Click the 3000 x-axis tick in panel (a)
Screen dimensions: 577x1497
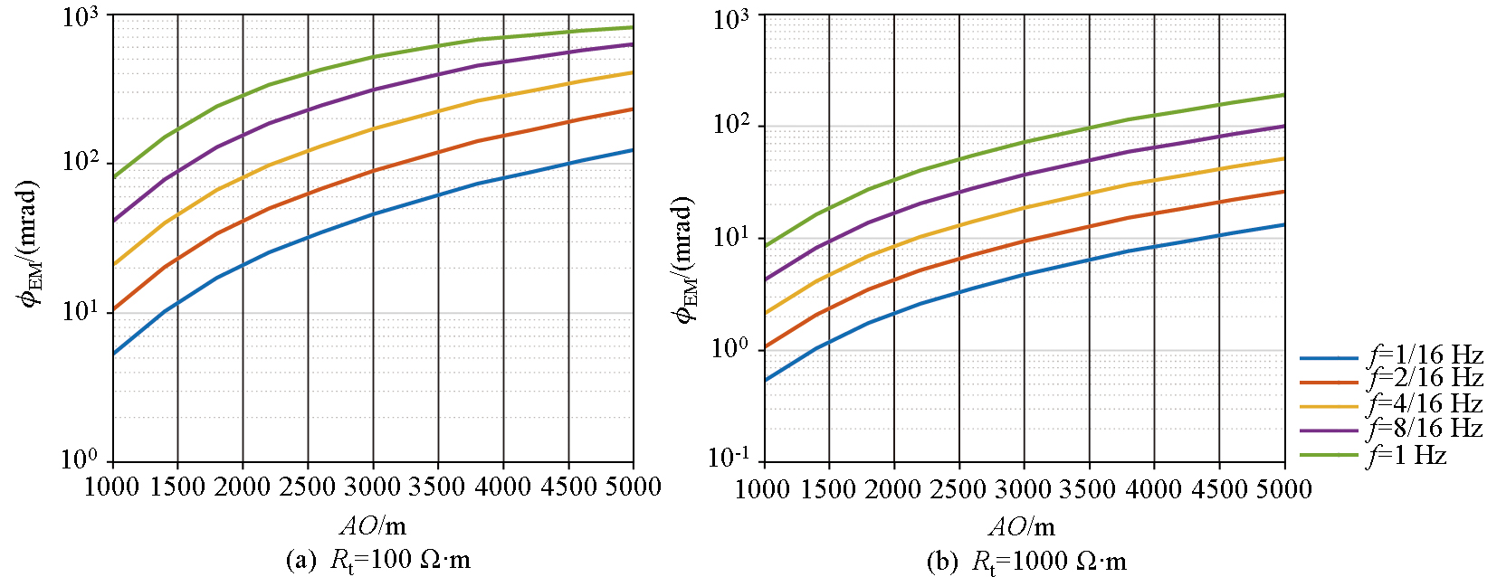coord(372,487)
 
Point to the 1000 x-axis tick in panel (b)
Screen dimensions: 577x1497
coord(764,489)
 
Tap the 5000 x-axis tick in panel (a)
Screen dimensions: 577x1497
coord(633,487)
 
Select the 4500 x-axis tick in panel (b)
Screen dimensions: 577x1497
coord(1218,489)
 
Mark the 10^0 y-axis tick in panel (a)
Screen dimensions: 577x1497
coord(83,459)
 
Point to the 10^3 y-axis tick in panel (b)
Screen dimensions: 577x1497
coord(731,18)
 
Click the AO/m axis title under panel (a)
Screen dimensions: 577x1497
coord(372,525)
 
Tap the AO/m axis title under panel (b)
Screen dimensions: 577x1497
coord(1022,527)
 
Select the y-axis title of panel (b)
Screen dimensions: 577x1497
coord(686,259)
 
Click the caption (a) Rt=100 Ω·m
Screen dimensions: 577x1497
coord(377,560)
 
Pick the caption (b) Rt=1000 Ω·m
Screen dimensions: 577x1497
coord(1026,562)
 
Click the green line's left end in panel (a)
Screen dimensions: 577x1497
coord(113,177)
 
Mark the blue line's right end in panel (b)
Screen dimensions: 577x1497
coord(1284,224)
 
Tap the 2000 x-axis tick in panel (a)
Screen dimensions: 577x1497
coord(242,487)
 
